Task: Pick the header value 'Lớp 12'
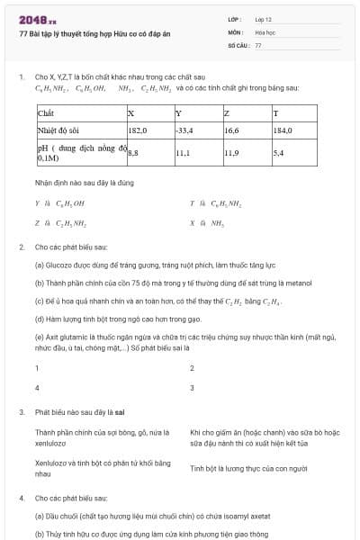pyautogui.click(x=264, y=18)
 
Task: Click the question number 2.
pyautogui.click(x=21, y=246)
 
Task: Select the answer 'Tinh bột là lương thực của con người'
pyautogui.click(x=248, y=468)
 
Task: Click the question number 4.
pyautogui.click(x=21, y=497)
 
